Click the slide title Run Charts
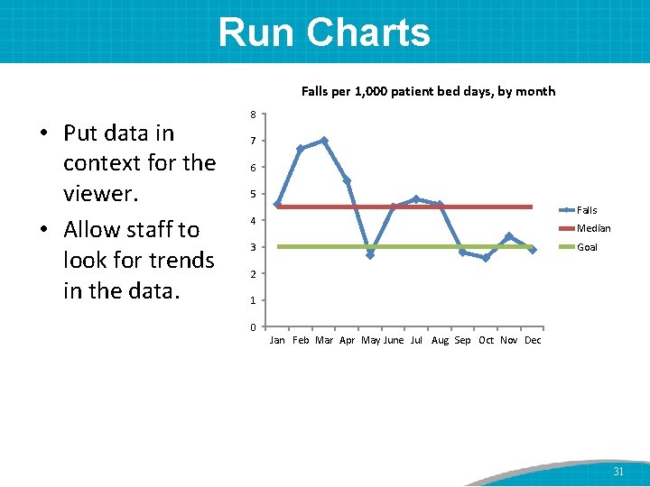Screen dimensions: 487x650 pyautogui.click(x=324, y=32)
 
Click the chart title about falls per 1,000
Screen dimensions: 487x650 pyautogui.click(x=428, y=91)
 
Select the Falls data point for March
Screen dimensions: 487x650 pyautogui.click(x=324, y=141)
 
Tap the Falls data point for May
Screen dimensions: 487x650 pyautogui.click(x=370, y=254)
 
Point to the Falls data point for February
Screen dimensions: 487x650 pyautogui.click(x=301, y=149)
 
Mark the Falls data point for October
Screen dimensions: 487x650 pyautogui.click(x=486, y=258)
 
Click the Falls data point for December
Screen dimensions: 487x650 pyautogui.click(x=533, y=250)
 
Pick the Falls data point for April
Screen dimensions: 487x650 pyautogui.click(x=347, y=180)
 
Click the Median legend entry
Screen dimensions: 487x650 pyautogui.click(x=593, y=228)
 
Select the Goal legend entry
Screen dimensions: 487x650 pyautogui.click(x=587, y=247)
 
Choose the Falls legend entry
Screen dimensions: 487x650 pyautogui.click(x=587, y=210)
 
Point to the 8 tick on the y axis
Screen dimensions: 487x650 pyautogui.click(x=254, y=115)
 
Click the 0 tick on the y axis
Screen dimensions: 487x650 pyautogui.click(x=254, y=326)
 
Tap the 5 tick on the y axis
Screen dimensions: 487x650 pyautogui.click(x=254, y=194)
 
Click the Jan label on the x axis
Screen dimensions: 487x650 pyautogui.click(x=277, y=341)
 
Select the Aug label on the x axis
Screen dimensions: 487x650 pyautogui.click(x=440, y=341)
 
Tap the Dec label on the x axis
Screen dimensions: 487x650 pyautogui.click(x=533, y=341)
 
